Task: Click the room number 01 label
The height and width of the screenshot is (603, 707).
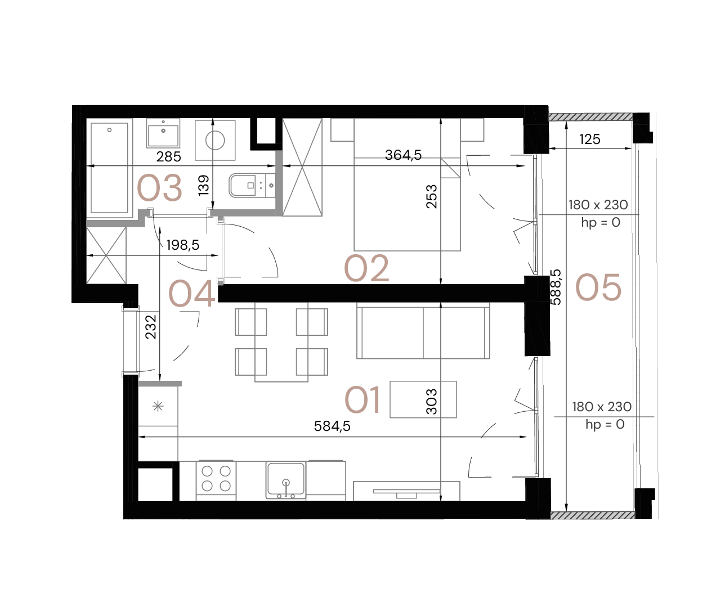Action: pyautogui.click(x=363, y=400)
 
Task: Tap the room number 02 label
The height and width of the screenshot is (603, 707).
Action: pyautogui.click(x=366, y=268)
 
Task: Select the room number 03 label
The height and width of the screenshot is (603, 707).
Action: pyautogui.click(x=160, y=188)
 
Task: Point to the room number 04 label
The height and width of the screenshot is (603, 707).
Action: pyautogui.click(x=192, y=294)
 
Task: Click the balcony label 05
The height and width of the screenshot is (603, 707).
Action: pyautogui.click(x=598, y=287)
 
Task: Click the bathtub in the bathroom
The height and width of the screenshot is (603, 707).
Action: pyautogui.click(x=109, y=168)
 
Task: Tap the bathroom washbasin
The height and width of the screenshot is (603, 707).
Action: pyautogui.click(x=163, y=134)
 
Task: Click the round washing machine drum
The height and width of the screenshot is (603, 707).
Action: pyautogui.click(x=215, y=139)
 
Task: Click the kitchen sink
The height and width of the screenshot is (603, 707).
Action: pyautogui.click(x=286, y=479)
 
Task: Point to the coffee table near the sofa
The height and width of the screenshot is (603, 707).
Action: pyautogui.click(x=423, y=399)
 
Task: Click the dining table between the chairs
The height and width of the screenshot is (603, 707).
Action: pyautogui.click(x=281, y=342)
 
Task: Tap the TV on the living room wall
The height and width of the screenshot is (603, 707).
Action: pyautogui.click(x=406, y=492)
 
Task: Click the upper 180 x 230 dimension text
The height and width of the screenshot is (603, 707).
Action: pyautogui.click(x=598, y=205)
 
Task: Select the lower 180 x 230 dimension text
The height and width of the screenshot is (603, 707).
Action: pyautogui.click(x=602, y=407)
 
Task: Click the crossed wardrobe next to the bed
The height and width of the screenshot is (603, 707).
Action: pyautogui.click(x=302, y=167)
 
